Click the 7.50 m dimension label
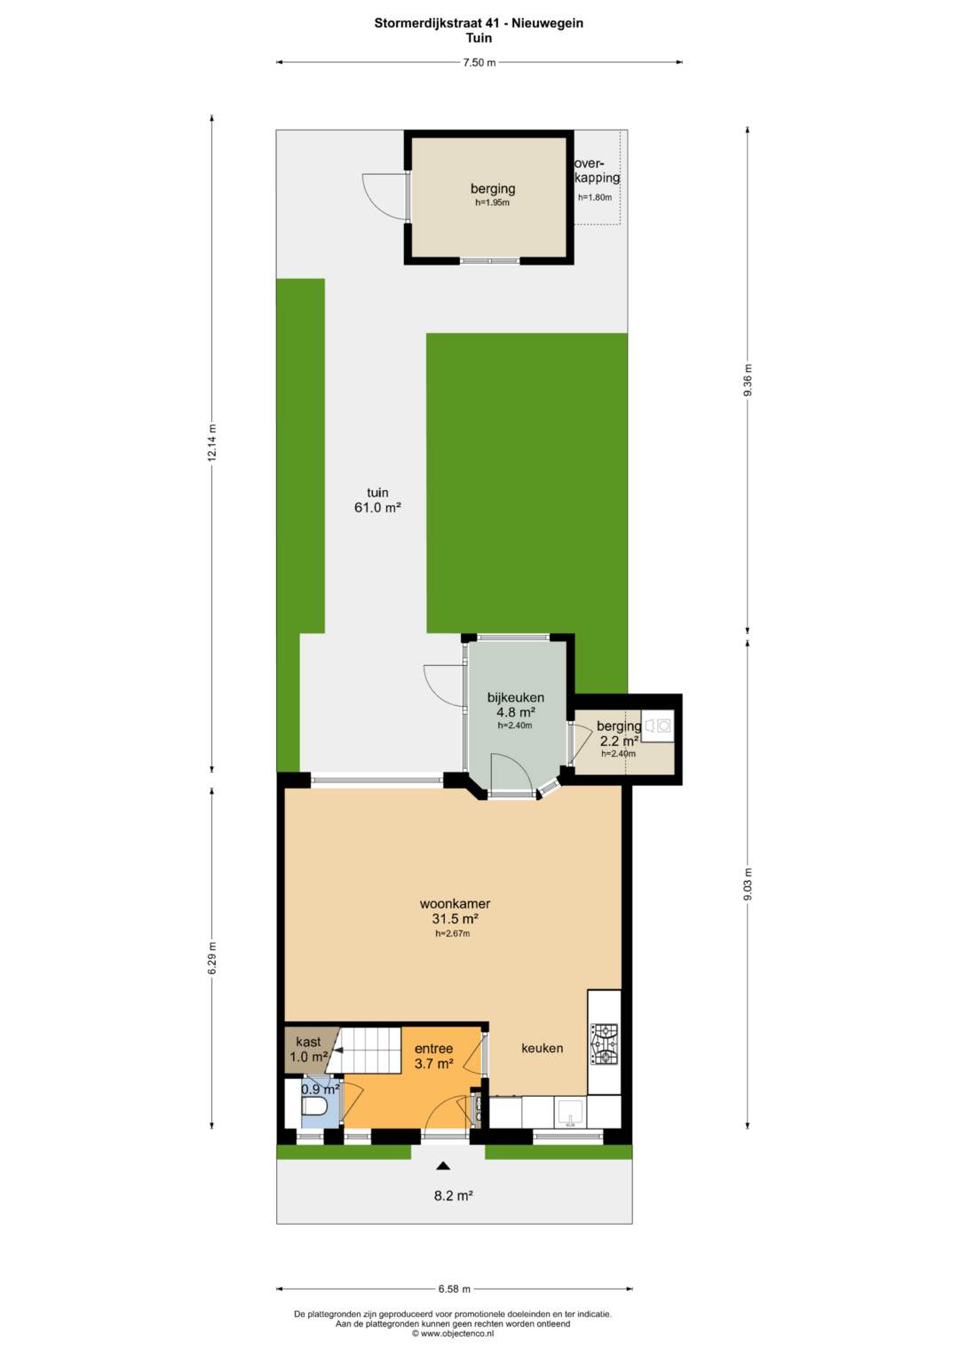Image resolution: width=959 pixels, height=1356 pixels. [x=479, y=62]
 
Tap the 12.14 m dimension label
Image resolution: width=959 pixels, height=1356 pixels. [x=211, y=442]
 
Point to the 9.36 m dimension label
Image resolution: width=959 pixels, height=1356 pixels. [x=748, y=380]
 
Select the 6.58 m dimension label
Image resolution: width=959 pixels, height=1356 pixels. [x=454, y=1289]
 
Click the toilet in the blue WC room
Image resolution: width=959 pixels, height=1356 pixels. [x=314, y=1106]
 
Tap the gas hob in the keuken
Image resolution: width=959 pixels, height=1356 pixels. [x=604, y=1044]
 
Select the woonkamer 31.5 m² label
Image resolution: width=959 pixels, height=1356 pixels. [x=456, y=910]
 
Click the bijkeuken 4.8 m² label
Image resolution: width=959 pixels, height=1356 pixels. [x=515, y=704]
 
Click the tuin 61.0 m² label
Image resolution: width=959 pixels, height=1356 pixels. [x=377, y=500]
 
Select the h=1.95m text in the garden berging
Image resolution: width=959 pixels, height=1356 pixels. [x=492, y=202]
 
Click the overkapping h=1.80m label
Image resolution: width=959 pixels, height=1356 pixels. [x=597, y=178]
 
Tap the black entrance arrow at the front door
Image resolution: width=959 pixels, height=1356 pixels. [x=444, y=1165]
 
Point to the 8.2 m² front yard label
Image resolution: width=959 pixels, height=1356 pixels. [x=454, y=1195]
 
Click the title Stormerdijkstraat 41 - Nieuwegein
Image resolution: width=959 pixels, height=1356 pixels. [x=479, y=23]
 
